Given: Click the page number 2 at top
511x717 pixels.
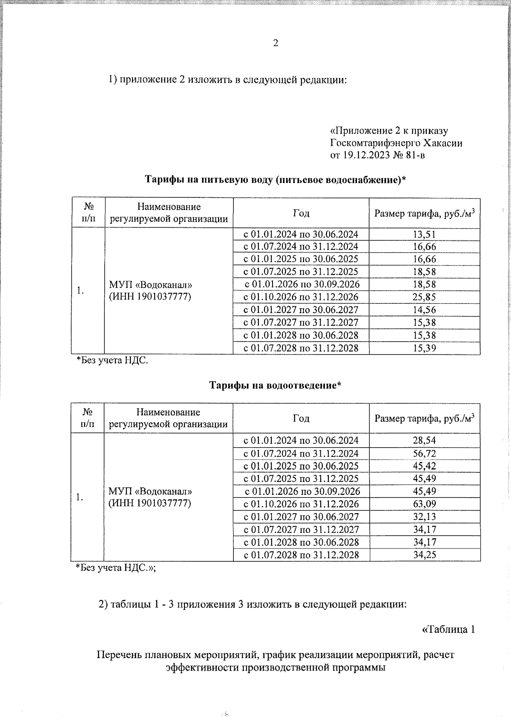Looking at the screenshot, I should [276, 43].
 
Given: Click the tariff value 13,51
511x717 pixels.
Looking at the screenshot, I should [424, 234].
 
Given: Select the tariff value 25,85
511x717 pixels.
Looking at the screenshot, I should [424, 297].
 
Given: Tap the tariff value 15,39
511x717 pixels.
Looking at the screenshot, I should [424, 348].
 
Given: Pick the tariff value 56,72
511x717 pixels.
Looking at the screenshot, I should [424, 454].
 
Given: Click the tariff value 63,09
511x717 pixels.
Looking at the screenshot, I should [424, 504].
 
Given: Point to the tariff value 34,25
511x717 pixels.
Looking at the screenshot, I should [424, 555].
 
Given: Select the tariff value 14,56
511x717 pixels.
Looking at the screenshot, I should [424, 310].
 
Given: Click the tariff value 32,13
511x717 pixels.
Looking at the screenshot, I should [424, 517].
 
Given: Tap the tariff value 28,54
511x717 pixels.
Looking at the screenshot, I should [424, 440].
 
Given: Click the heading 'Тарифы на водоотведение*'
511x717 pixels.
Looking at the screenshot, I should [275, 386].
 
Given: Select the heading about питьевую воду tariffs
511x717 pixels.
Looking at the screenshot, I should [275, 180].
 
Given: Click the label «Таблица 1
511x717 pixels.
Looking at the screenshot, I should [448, 629].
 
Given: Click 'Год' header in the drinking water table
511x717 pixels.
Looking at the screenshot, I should [301, 213].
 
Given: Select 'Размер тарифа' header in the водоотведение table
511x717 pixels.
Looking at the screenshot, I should [424, 419].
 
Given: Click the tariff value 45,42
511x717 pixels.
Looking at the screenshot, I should [424, 466].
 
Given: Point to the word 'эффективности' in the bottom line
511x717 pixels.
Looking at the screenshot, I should [202, 667].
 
